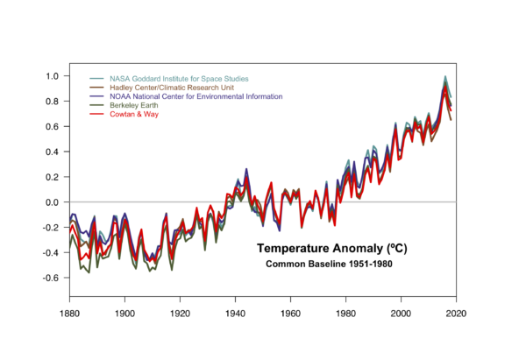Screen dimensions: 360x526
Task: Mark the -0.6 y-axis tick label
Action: point(49,278)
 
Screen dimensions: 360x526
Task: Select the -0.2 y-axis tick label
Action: point(49,227)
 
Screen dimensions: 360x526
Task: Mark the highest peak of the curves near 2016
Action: point(445,77)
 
